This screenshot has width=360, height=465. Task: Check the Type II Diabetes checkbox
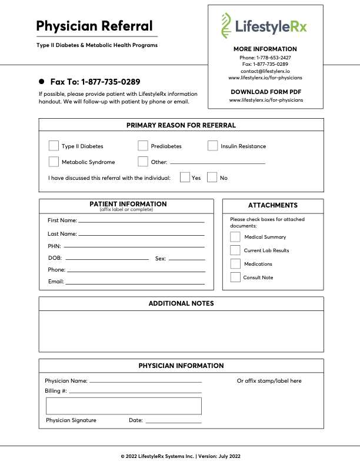click(x=54, y=146)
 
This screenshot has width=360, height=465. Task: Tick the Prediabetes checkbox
click(x=143, y=146)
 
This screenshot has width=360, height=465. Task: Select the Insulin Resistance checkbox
click(x=212, y=146)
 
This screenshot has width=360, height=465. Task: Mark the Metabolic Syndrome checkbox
click(x=54, y=162)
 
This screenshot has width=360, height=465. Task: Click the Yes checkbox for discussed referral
click(x=185, y=178)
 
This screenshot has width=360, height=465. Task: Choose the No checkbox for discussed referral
click(x=212, y=178)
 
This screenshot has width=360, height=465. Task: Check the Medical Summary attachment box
click(x=235, y=237)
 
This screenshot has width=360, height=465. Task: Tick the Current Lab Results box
click(x=235, y=250)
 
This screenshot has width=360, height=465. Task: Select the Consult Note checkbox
click(x=235, y=277)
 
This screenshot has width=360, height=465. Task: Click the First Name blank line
click(x=141, y=222)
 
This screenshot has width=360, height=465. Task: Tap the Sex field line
click(x=187, y=259)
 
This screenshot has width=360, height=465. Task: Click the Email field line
click(x=135, y=283)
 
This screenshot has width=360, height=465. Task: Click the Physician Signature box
click(x=124, y=406)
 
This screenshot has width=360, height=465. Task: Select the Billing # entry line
click(x=135, y=392)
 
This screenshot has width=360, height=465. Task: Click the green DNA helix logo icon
click(x=226, y=25)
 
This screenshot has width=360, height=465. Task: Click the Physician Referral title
click(x=94, y=26)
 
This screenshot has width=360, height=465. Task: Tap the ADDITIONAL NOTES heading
click(x=181, y=303)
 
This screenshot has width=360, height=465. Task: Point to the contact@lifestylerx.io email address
click(x=265, y=71)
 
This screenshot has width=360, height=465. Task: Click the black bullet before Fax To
click(x=42, y=82)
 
